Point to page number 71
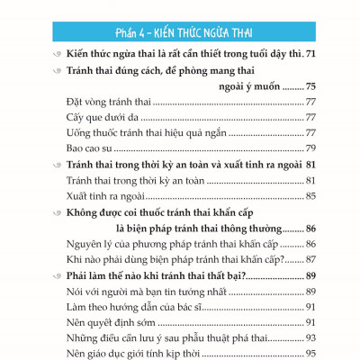(x=311, y=56)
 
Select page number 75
(x=310, y=88)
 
